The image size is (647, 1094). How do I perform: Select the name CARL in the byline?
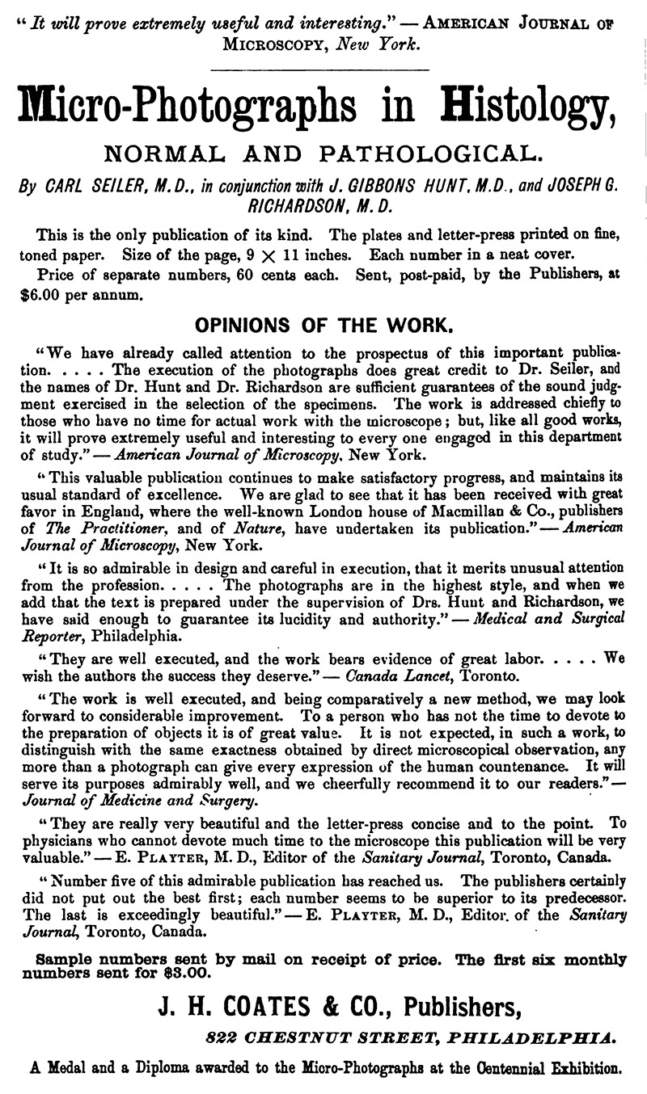click(70, 185)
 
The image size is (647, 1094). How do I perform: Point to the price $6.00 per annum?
click(82, 295)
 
